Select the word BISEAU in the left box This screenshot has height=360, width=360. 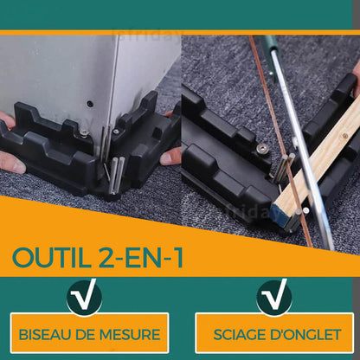click(45, 335)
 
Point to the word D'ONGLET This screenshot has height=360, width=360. click(305, 335)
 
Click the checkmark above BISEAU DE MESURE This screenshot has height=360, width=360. click(85, 297)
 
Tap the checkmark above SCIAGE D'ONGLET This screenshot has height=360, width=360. click(275, 297)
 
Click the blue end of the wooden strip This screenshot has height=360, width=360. click(275, 211)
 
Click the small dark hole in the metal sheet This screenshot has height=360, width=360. click(91, 103)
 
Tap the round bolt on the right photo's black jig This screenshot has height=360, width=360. click(262, 149)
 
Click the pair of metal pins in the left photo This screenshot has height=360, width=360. click(117, 175)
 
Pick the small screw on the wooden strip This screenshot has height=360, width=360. click(345, 136)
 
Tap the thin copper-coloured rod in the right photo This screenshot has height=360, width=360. click(280, 141)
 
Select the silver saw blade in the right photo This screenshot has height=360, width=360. click(302, 150)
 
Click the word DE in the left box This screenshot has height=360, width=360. click(85, 335)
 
